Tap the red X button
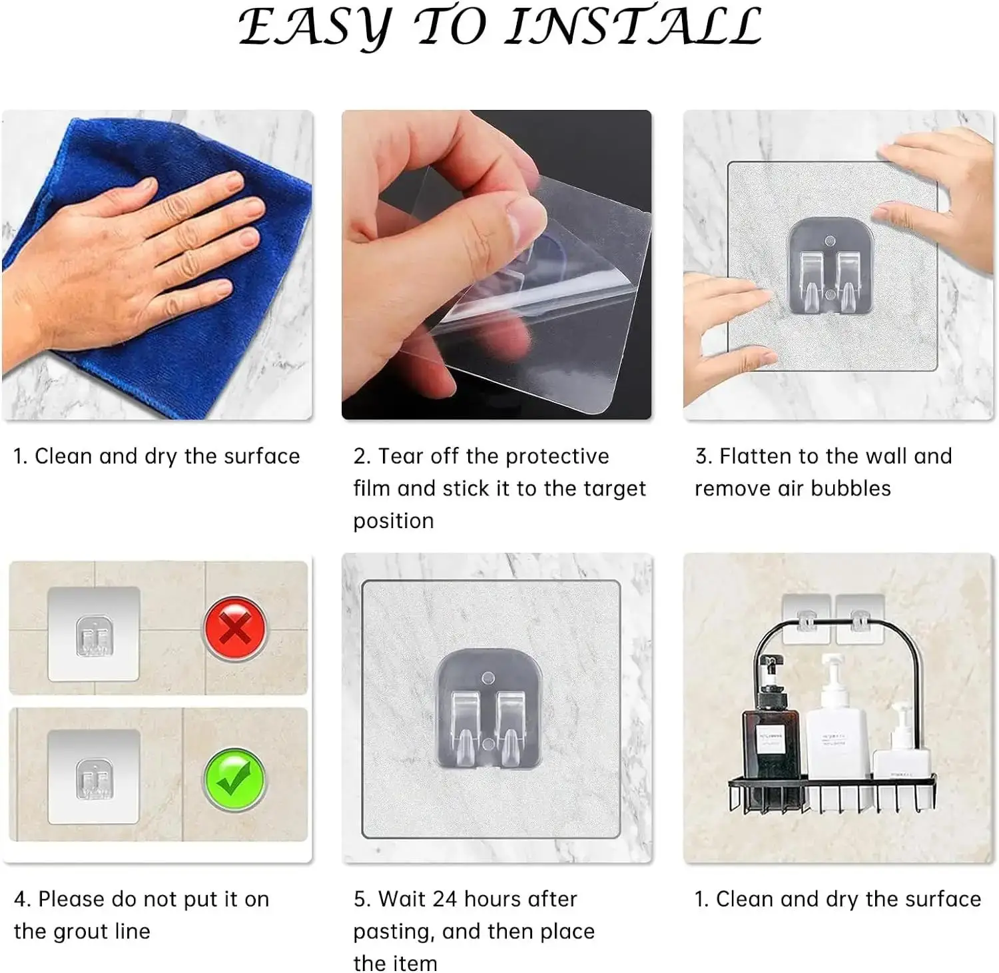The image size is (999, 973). coord(234,628)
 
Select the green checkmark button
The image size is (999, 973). coord(234,779)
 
